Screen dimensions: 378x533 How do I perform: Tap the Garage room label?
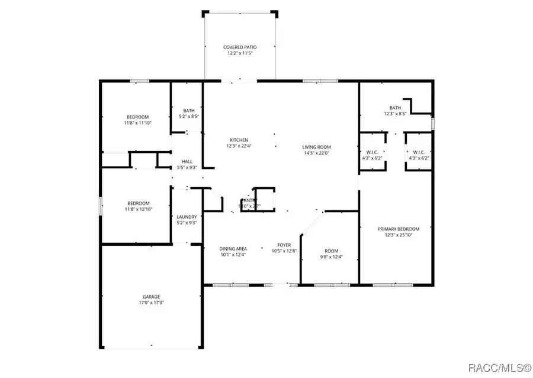click(151, 297)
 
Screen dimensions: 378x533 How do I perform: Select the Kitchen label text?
click(237, 140)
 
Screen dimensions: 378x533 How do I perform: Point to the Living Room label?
click(316, 147)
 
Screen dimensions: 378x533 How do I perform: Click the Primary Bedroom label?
click(399, 229)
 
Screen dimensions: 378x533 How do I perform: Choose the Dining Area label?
click(233, 248)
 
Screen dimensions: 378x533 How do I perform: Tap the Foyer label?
click(284, 244)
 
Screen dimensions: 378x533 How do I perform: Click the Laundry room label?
click(186, 217)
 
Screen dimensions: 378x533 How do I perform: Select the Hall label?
click(187, 161)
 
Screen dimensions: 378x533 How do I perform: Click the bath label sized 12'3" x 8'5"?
click(395, 107)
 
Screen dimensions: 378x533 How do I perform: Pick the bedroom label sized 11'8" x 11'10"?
click(137, 117)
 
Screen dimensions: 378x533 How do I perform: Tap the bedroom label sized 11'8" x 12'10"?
click(137, 203)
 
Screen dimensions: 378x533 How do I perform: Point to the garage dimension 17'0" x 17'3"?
click(151, 303)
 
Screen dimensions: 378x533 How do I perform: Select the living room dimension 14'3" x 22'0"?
click(316, 153)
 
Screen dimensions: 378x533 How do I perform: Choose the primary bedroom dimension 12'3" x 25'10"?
click(399, 235)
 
